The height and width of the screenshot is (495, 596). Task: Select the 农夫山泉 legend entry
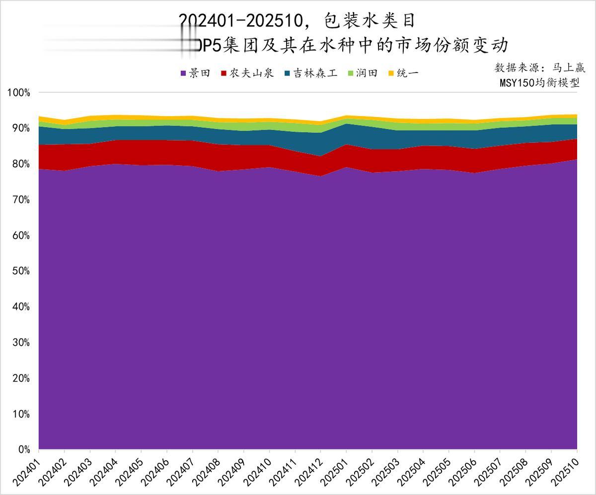tap(251, 73)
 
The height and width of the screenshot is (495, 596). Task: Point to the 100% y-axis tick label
tap(19, 93)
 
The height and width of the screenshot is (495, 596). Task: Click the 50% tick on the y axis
tap(21, 271)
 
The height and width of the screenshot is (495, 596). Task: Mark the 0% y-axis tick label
tap(24, 450)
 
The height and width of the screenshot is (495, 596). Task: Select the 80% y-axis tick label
tap(21, 164)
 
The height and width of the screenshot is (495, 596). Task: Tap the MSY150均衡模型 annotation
tap(539, 83)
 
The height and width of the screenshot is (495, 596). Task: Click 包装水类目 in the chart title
tap(369, 21)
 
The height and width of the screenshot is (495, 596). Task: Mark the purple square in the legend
tap(183, 73)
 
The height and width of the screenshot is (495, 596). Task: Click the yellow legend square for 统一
tap(391, 73)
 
